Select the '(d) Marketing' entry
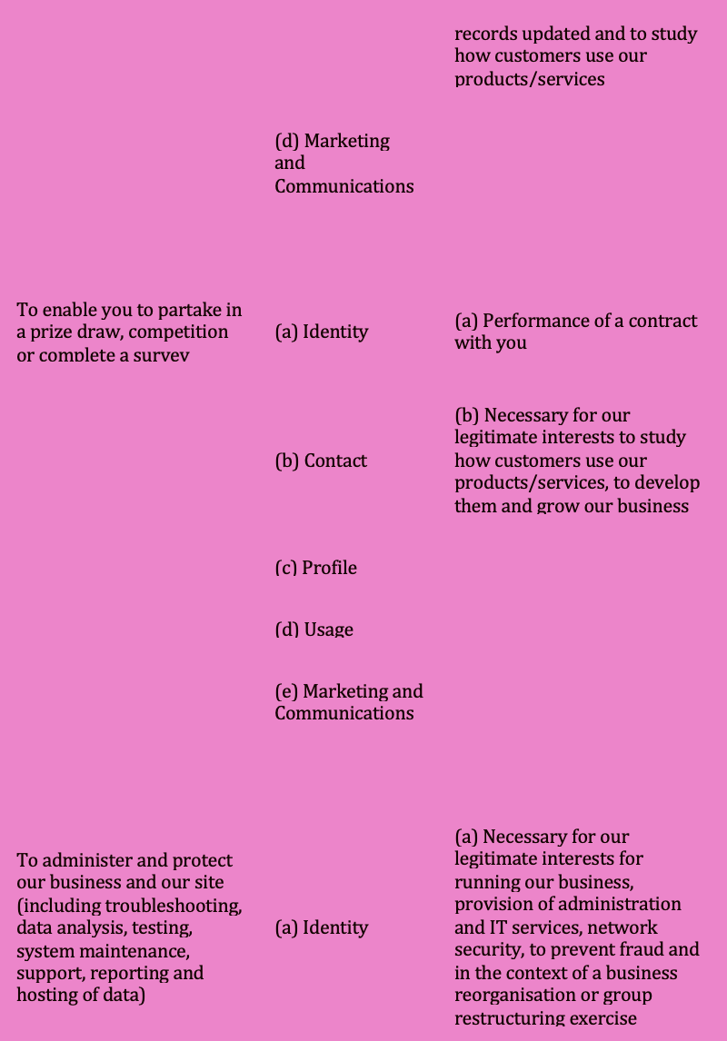[x=332, y=142]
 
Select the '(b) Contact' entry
[x=321, y=461]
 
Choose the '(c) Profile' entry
[x=315, y=568]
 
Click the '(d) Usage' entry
[x=314, y=630]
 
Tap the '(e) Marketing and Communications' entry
[x=348, y=702]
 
